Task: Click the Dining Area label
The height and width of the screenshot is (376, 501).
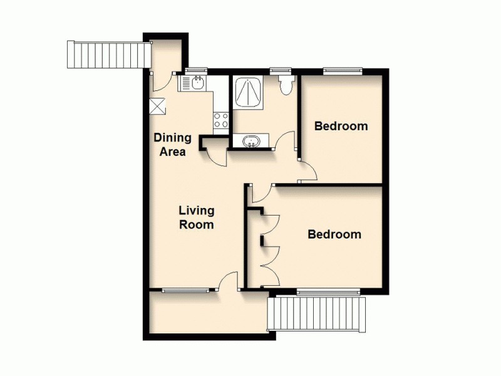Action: pyautogui.click(x=173, y=145)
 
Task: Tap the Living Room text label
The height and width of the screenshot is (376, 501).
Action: pyautogui.click(x=197, y=217)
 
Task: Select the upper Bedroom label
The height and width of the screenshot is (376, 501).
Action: pyautogui.click(x=341, y=126)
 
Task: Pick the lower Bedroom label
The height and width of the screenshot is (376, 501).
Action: pyautogui.click(x=334, y=235)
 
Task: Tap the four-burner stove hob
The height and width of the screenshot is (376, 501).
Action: pyautogui.click(x=221, y=120)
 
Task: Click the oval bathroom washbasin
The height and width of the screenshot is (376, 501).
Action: pyautogui.click(x=251, y=142)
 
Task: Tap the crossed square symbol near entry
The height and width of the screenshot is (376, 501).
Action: pyautogui.click(x=158, y=107)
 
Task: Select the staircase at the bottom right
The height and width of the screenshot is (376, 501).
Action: pyautogui.click(x=317, y=314)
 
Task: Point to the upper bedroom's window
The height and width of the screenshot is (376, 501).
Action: pyautogui.click(x=343, y=71)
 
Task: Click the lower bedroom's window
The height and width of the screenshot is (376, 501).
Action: pyautogui.click(x=328, y=291)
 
